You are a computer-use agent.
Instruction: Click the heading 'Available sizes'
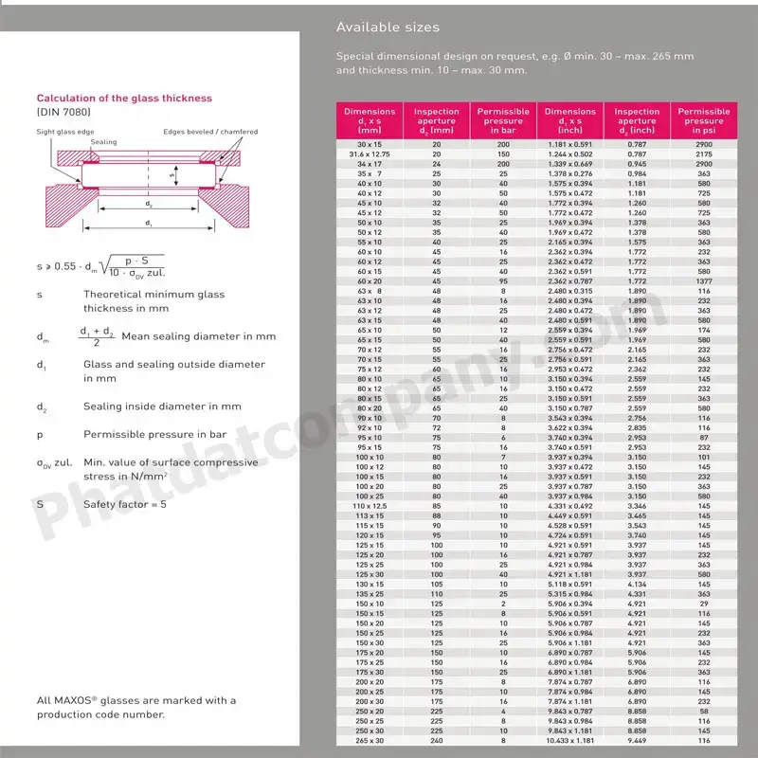[388, 27]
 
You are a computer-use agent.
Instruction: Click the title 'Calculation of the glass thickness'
[124, 99]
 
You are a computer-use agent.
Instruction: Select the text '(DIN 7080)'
[63, 113]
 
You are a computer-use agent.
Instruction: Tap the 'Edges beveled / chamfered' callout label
[209, 132]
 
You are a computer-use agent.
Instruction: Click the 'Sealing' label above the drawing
[104, 142]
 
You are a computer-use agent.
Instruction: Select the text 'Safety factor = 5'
[125, 504]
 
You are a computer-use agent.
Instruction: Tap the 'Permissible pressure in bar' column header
[503, 121]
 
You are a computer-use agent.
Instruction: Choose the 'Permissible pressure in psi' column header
[704, 121]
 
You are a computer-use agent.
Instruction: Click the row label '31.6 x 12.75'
[370, 153]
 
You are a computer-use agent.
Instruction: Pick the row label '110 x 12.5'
[370, 507]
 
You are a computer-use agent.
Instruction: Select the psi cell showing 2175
[704, 153]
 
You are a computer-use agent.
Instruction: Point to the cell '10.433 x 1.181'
[570, 740]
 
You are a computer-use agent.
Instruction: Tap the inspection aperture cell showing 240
[437, 740]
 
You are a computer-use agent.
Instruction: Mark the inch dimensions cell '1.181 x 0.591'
[570, 144]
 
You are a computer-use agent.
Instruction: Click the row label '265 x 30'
[370, 740]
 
